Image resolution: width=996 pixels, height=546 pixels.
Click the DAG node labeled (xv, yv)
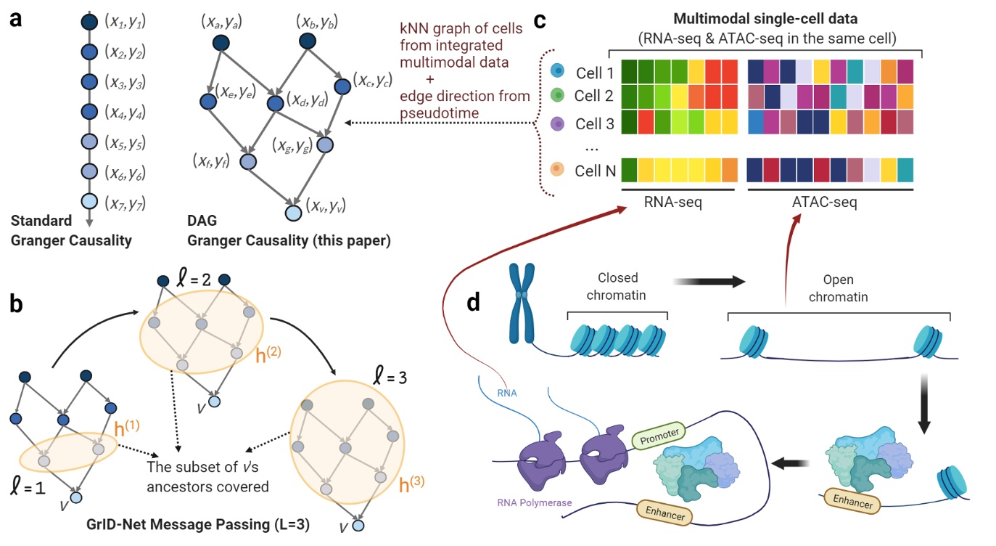[293, 213]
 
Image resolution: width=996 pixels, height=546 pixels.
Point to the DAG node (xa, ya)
[221, 44]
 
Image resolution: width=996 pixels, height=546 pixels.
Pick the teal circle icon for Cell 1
[556, 72]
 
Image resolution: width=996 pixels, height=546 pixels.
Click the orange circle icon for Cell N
[556, 171]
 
